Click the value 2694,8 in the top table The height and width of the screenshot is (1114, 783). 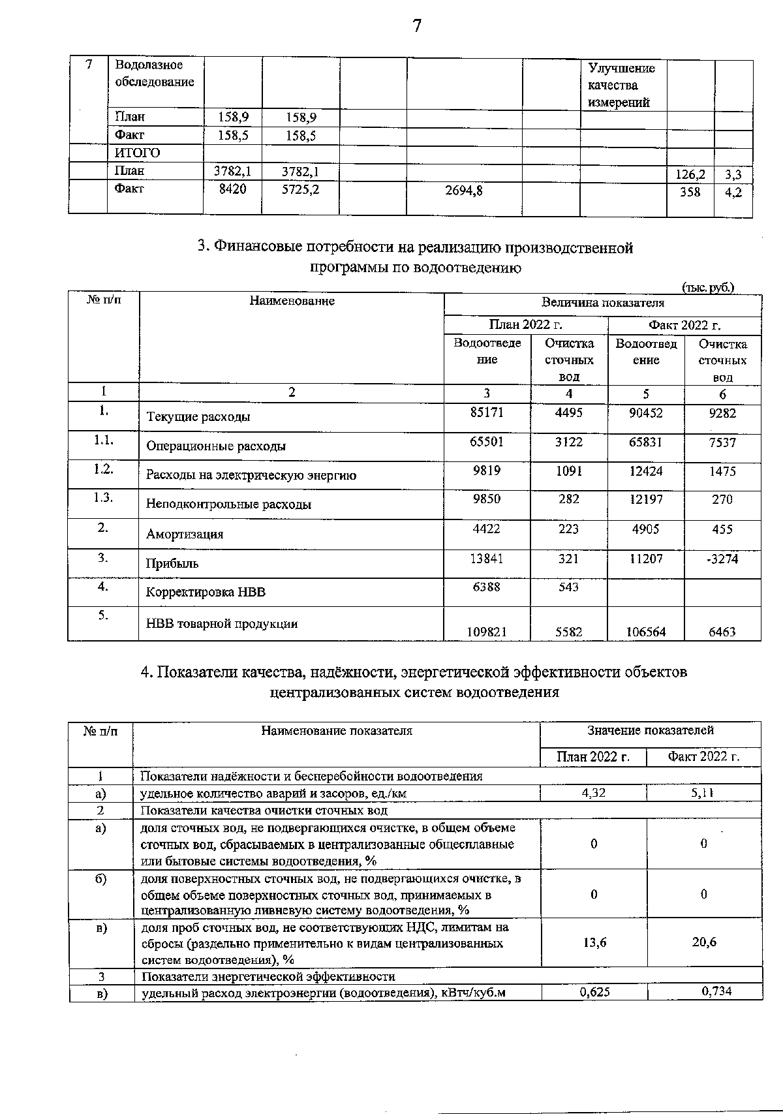point(464,191)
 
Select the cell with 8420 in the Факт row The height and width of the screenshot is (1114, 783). point(232,190)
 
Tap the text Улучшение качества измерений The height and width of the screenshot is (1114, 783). point(621,85)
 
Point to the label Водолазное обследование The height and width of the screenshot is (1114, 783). point(155,73)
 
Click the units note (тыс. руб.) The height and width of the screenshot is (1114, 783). point(708,287)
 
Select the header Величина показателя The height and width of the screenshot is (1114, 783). point(602,303)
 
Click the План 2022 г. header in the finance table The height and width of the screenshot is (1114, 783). point(525,325)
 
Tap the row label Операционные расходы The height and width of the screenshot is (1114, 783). point(216,446)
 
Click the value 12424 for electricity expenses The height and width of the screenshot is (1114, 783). point(645,471)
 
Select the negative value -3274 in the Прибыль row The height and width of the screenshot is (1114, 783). point(722,559)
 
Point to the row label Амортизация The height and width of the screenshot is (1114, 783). point(185,534)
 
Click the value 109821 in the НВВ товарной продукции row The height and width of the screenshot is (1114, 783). point(487,632)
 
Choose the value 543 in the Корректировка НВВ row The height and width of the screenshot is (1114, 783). point(568,587)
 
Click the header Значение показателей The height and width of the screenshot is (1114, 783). point(650,731)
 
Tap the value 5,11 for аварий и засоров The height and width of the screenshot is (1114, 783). point(703,793)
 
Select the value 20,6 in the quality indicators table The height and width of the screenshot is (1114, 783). point(704,942)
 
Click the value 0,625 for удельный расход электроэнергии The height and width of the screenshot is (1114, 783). point(593,992)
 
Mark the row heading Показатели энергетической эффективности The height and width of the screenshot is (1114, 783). point(268,976)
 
